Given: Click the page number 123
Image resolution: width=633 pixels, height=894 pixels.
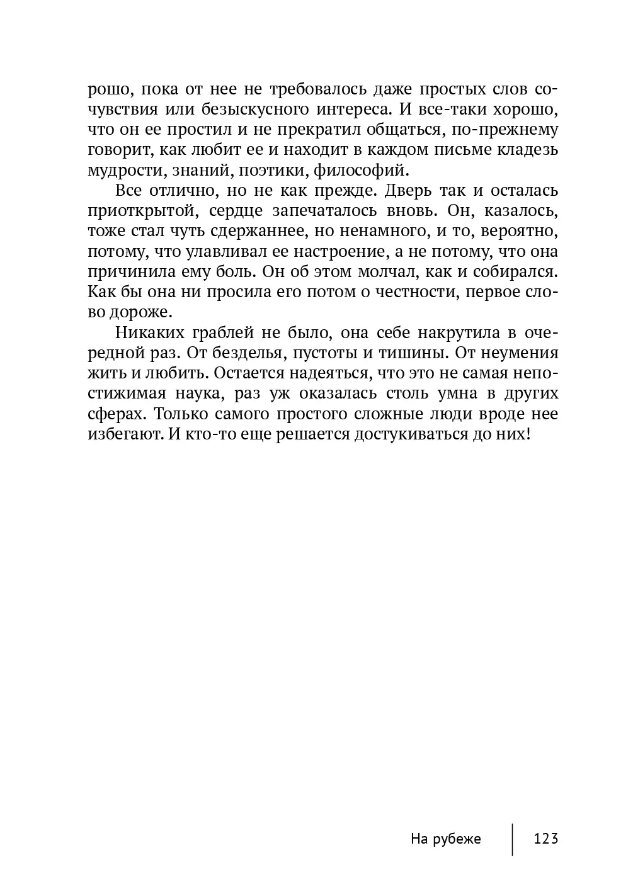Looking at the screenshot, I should pos(545,839).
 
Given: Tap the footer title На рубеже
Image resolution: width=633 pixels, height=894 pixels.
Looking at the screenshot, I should pos(445,839).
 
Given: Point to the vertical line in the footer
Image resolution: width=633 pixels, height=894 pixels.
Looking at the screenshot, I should pos(512,839).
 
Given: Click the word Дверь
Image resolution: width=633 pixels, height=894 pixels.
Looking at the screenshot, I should pos(412,191).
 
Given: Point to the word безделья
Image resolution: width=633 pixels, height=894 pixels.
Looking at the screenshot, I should pos(237,353).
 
